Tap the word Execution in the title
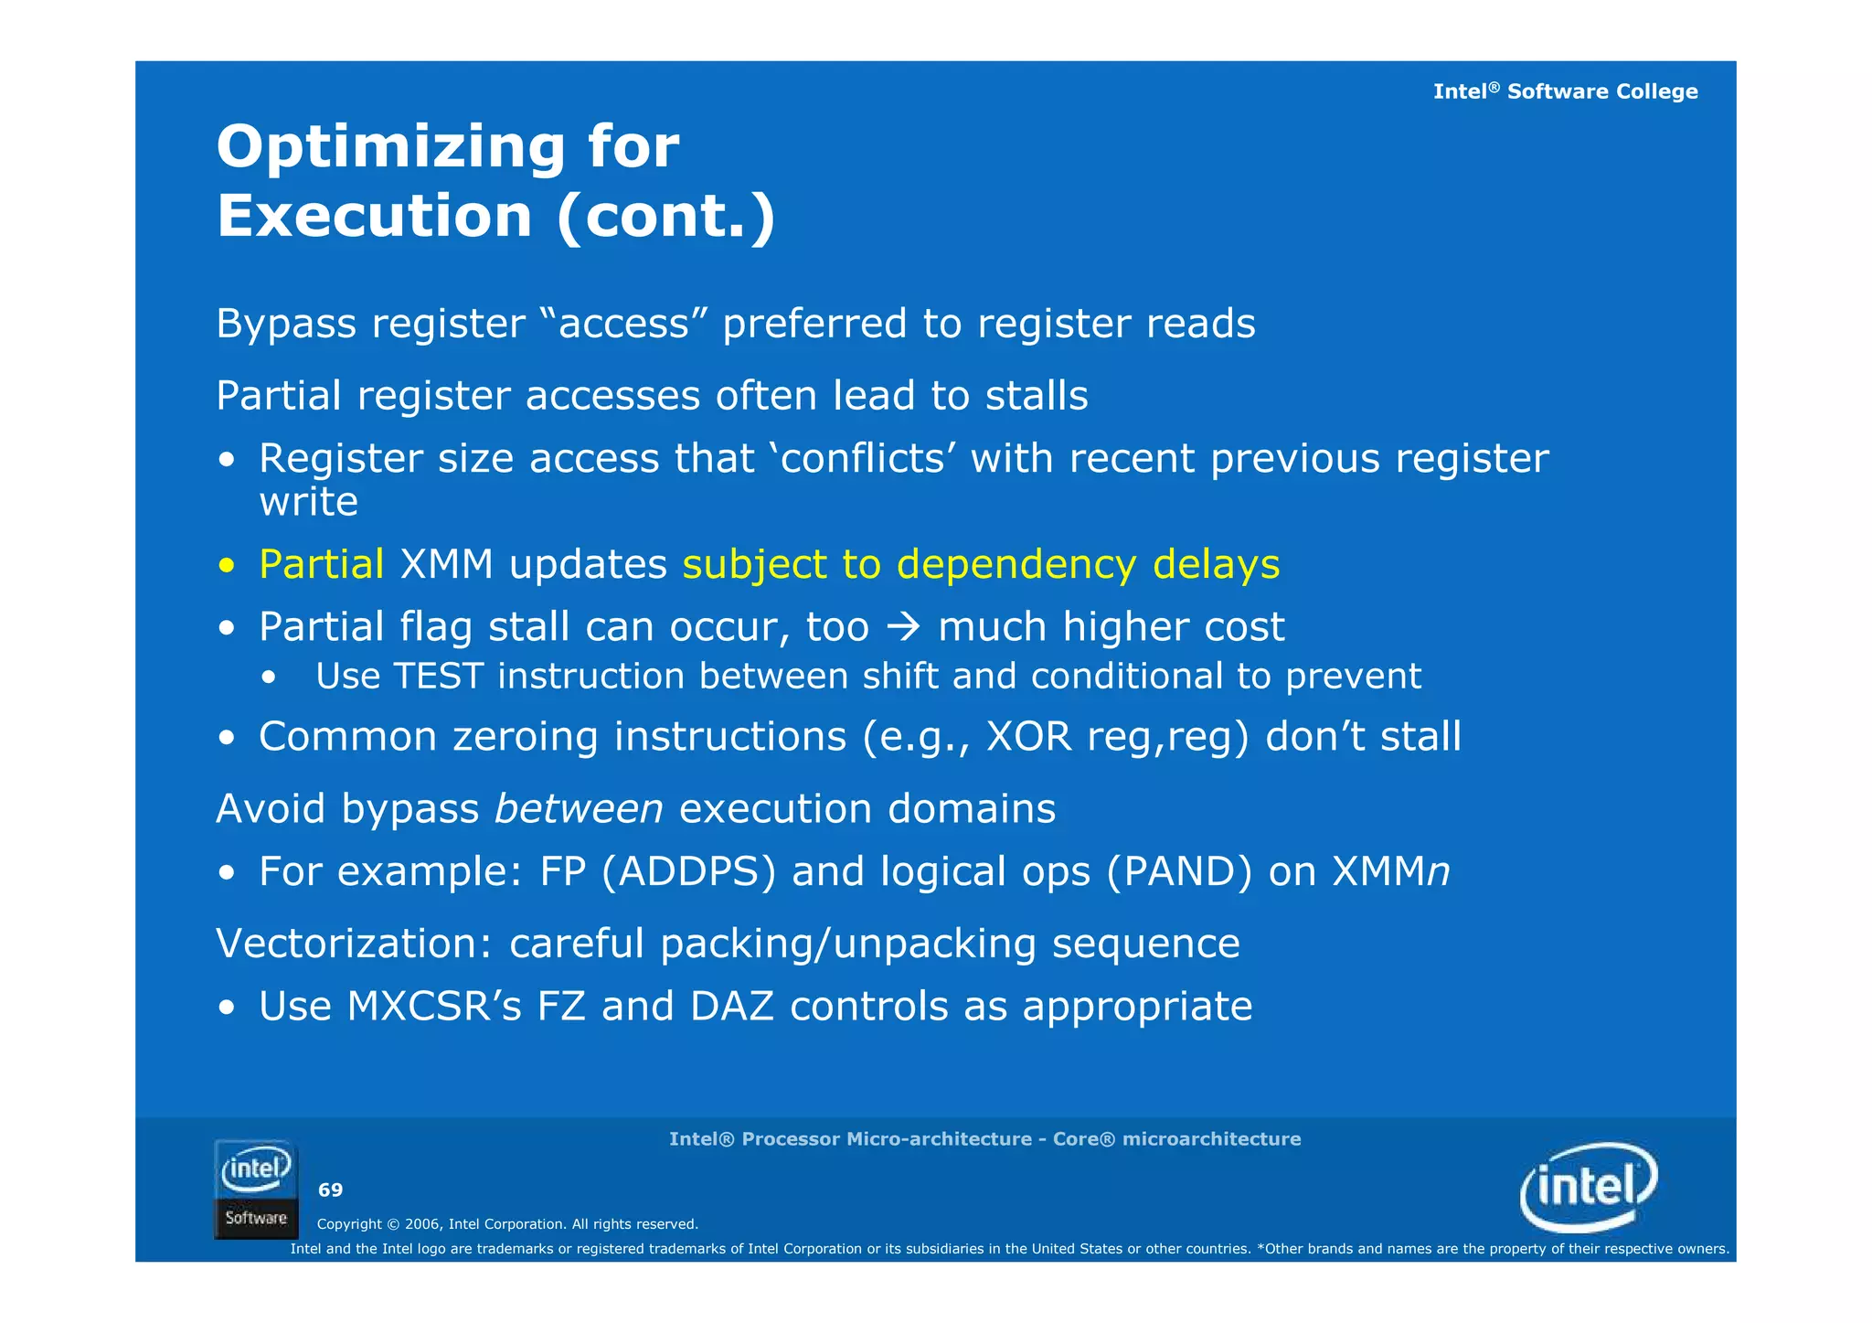coord(374,217)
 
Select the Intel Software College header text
coord(1565,91)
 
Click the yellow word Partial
coord(321,564)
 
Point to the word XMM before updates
coord(447,564)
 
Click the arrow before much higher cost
coord(903,627)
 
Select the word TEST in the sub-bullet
coord(438,677)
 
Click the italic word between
coord(579,809)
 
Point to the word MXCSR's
coord(434,1007)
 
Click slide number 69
coord(330,1190)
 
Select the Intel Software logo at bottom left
coord(256,1190)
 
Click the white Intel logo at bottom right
coord(1589,1187)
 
